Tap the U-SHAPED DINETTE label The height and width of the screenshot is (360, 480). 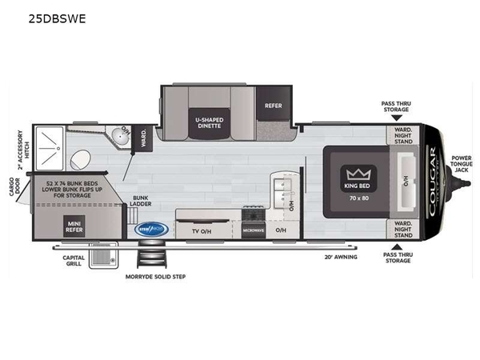pos(209,123)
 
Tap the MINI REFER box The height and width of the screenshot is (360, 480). pos(74,226)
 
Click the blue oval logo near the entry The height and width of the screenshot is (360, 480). pos(151,230)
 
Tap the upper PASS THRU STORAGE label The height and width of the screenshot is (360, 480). pos(398,108)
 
